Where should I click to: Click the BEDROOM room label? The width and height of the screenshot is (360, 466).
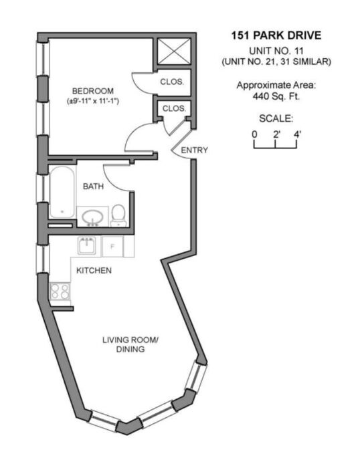click(x=93, y=91)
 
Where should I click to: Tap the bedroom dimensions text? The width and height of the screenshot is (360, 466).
click(x=93, y=101)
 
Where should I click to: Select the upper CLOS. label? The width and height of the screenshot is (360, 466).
click(x=172, y=82)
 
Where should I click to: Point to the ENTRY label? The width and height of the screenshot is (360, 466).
click(x=194, y=150)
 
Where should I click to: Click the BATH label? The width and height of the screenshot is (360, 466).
click(x=93, y=187)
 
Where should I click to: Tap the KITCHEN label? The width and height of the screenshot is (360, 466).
click(x=94, y=271)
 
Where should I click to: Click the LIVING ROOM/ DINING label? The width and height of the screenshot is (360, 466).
click(x=130, y=344)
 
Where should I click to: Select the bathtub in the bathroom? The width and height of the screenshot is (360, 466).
click(x=62, y=192)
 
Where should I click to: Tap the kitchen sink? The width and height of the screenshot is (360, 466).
click(x=87, y=245)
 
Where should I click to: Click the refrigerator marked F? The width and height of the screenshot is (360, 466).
click(x=112, y=247)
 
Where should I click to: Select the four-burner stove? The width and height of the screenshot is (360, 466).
click(x=60, y=292)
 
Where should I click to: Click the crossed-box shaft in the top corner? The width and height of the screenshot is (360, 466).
click(x=174, y=51)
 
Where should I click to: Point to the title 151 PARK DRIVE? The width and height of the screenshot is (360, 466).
click(x=276, y=35)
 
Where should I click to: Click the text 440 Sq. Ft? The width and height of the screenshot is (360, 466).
click(x=276, y=96)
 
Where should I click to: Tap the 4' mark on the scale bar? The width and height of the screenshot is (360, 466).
click(x=298, y=134)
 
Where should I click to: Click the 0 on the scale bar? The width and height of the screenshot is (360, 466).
click(x=254, y=134)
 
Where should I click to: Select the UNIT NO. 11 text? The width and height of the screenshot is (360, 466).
click(x=276, y=51)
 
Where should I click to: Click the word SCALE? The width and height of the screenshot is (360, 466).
click(x=276, y=118)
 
